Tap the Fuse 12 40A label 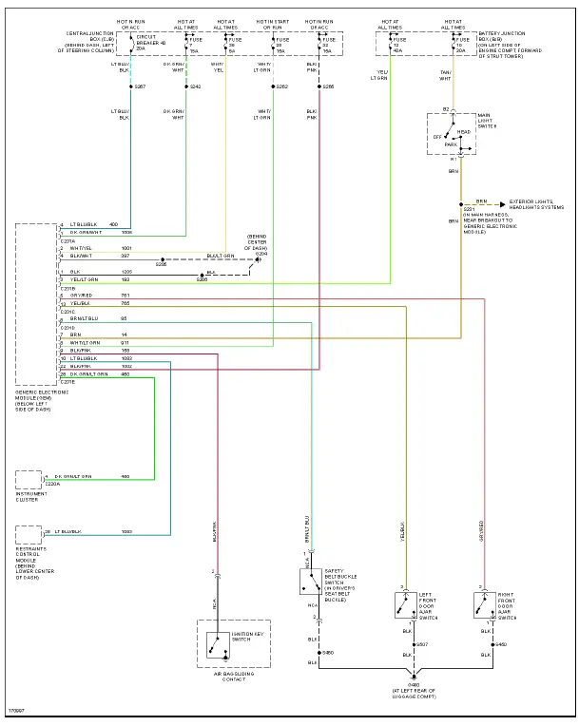point(398,46)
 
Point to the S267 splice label point(141,86)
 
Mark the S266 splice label point(328,86)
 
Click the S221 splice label point(469,210)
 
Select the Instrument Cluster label point(31,495)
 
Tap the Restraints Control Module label point(34,561)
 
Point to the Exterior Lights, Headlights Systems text point(536,204)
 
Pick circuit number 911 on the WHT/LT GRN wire point(124,343)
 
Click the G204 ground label point(261,254)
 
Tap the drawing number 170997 point(16,709)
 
